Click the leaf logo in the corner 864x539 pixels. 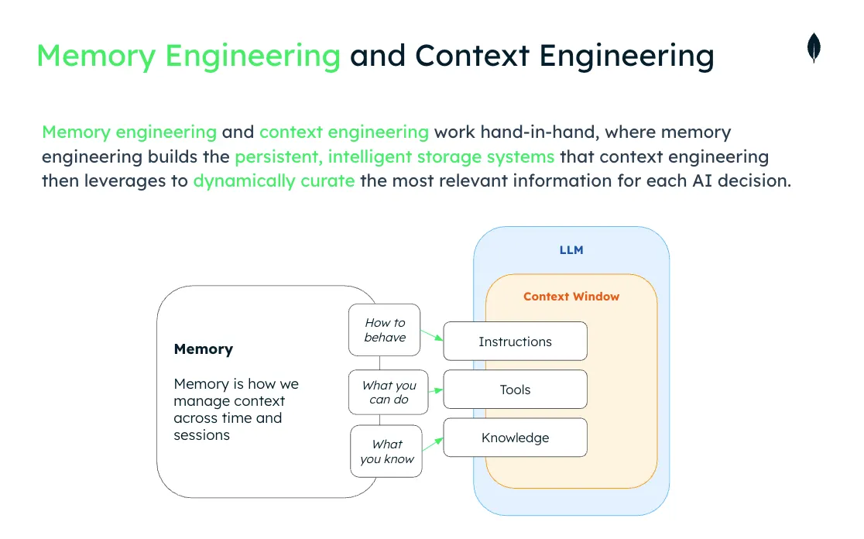click(x=814, y=48)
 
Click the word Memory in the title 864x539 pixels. click(x=96, y=57)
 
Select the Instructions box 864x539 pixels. click(x=515, y=342)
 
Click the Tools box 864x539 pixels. click(x=515, y=390)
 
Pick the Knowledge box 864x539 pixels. click(x=515, y=438)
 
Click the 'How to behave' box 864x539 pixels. click(x=385, y=330)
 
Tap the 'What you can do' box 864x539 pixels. click(x=389, y=392)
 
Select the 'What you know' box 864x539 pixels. click(x=386, y=451)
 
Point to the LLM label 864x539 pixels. click(x=571, y=250)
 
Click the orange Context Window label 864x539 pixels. click(x=571, y=296)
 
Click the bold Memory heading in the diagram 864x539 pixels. click(x=203, y=349)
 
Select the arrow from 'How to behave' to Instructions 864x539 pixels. click(x=431, y=335)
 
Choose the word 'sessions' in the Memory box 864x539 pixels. click(x=201, y=435)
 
